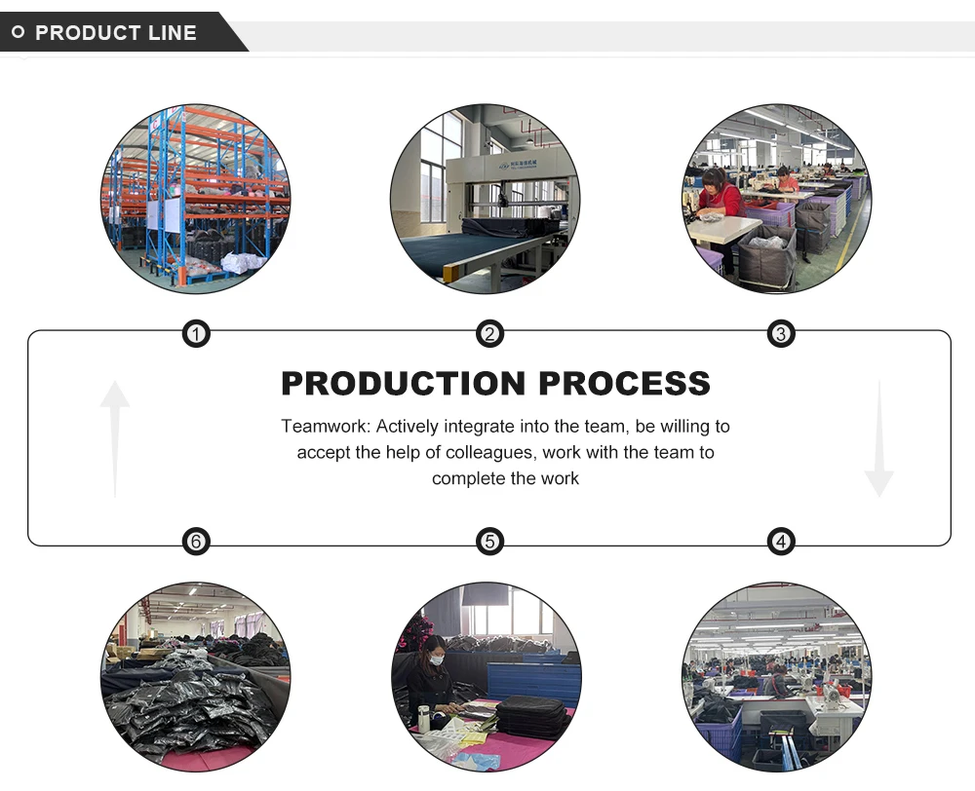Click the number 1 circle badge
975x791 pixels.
196,335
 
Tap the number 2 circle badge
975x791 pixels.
489,335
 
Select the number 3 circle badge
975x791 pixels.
780,335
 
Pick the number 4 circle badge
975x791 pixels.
780,542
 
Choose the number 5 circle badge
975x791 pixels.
489,542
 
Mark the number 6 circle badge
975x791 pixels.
196,542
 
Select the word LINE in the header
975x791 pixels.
172,33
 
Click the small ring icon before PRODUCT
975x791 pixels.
18,33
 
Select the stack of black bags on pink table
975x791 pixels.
532,716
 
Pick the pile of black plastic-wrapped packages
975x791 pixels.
185,706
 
